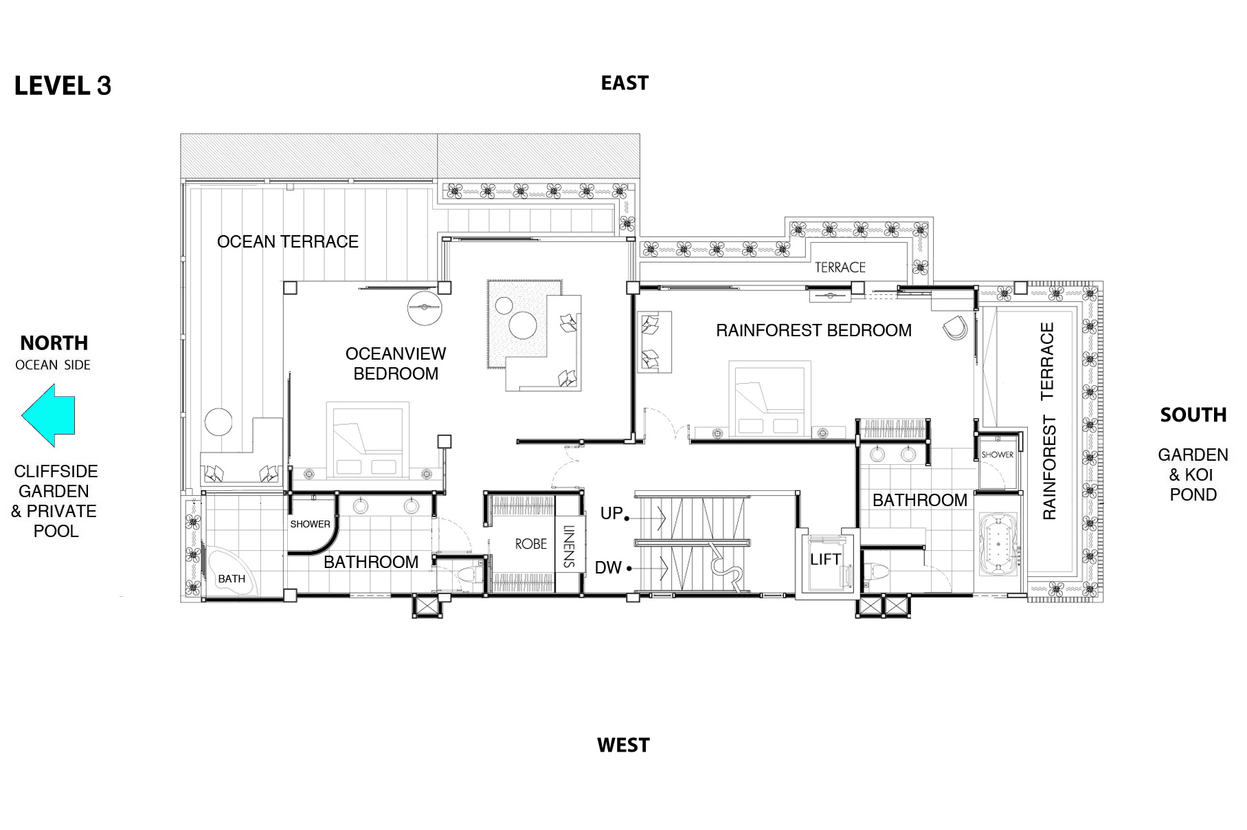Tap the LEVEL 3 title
coord(63,85)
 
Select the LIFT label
coord(825,559)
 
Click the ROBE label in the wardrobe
coord(531,544)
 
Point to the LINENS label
coord(569,547)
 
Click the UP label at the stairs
coord(611,513)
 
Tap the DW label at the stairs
coord(608,567)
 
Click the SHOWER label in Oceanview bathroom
coord(310,524)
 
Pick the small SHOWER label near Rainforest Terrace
coord(997,455)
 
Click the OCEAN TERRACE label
coord(288,241)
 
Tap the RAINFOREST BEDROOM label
coord(813,330)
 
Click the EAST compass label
coord(625,83)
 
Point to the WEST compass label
coord(623,745)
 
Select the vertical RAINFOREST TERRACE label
coord(1048,421)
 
